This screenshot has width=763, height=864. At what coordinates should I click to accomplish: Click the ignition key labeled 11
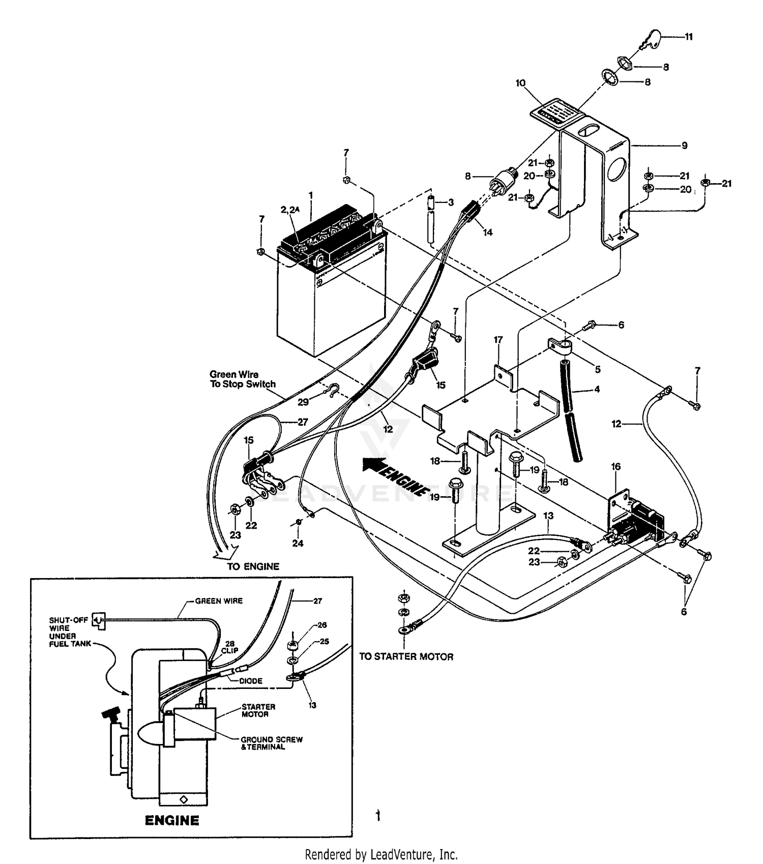click(652, 39)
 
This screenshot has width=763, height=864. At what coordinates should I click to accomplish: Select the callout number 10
click(520, 83)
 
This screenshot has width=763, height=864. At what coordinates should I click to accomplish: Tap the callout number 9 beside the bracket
click(685, 146)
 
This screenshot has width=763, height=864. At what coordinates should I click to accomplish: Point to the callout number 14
click(488, 233)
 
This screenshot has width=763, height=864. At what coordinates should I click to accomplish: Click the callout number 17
click(498, 339)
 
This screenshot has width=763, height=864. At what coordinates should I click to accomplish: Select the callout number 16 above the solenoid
click(616, 467)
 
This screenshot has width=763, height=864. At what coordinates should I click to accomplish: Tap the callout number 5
click(598, 369)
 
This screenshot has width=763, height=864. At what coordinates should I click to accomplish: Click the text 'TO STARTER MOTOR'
click(406, 656)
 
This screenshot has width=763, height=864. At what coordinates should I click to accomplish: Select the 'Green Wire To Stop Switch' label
click(243, 379)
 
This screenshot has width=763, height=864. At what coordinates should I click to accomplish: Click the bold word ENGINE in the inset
click(172, 820)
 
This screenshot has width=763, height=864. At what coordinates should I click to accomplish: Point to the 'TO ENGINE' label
click(253, 566)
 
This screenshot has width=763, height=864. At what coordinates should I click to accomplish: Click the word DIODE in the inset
click(251, 681)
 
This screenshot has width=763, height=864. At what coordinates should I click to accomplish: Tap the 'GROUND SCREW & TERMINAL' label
click(272, 743)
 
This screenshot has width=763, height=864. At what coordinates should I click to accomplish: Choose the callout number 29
click(303, 402)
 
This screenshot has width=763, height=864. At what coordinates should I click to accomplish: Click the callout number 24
click(298, 543)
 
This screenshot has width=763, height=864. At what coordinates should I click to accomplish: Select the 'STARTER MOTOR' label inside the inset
click(258, 710)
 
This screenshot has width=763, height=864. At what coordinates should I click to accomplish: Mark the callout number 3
click(451, 203)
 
